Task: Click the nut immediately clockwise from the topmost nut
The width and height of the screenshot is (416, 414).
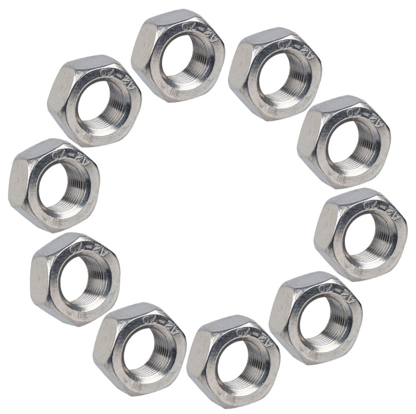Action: (275, 74)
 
